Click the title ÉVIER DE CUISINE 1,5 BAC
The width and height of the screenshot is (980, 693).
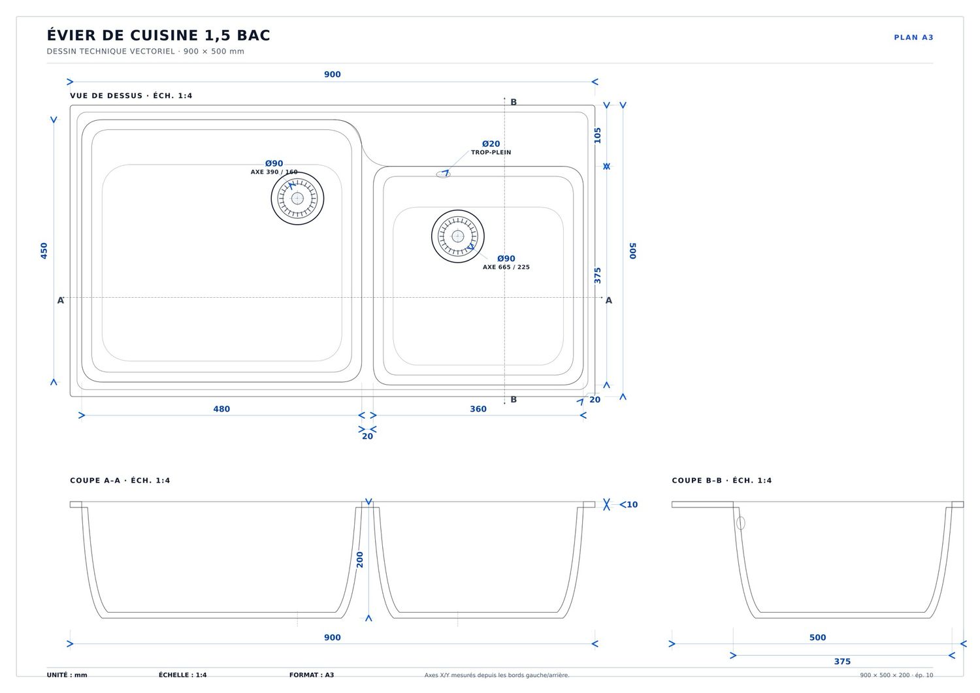pyautogui.click(x=158, y=35)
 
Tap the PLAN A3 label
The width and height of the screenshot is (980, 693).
pyautogui.click(x=913, y=38)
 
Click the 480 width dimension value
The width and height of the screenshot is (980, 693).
pyautogui.click(x=221, y=409)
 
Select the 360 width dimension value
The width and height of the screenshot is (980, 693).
pyautogui.click(x=478, y=409)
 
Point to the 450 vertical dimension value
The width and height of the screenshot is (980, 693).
pyautogui.click(x=44, y=251)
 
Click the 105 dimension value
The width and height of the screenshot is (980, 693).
pyautogui.click(x=598, y=135)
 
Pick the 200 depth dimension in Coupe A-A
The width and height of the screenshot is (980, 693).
pyautogui.click(x=359, y=560)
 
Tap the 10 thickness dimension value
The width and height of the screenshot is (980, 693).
pyautogui.click(x=632, y=504)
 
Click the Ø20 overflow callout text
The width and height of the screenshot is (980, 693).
pyautogui.click(x=491, y=144)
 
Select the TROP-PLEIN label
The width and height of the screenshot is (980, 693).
pyautogui.click(x=491, y=152)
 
